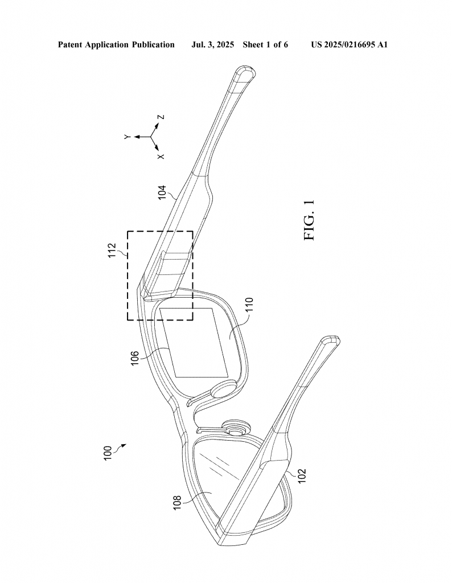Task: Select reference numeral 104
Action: click(x=163, y=192)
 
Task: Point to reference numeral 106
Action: click(x=134, y=358)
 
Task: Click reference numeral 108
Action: click(x=177, y=502)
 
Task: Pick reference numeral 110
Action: click(x=249, y=305)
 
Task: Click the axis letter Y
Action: click(x=128, y=137)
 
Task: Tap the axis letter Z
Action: click(x=161, y=117)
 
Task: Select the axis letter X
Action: click(x=161, y=156)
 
